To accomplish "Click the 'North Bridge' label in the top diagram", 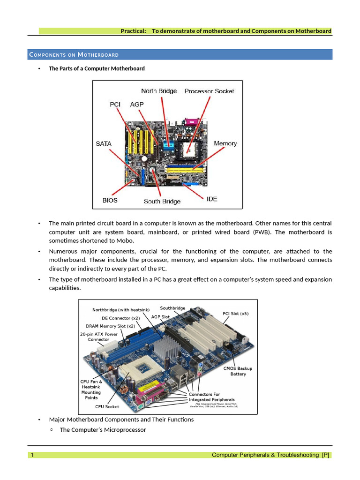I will pos(159,91).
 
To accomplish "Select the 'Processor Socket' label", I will pos(209,91).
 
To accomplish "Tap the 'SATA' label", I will pos(104,143).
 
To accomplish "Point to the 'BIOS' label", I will pos(110,200).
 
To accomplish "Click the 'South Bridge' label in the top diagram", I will pos(162,201).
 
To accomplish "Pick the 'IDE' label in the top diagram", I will pos(212,199).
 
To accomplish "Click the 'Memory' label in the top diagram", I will pos(225,143).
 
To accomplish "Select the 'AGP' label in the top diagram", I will pos(137,105).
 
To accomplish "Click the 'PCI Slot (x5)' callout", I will pos(235,314).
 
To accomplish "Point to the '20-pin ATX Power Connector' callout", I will pos(98,337).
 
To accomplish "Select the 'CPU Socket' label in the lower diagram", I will pos(107,406).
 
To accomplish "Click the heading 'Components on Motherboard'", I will pos(74,55).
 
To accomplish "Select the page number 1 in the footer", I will pos(32,455).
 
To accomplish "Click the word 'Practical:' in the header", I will pos(134,31).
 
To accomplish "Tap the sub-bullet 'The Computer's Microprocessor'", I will pos(103,429).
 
